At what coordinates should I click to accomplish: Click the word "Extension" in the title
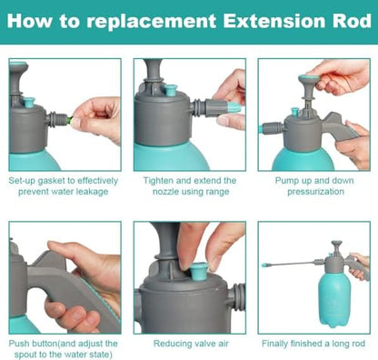274,21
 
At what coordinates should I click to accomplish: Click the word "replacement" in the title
151,22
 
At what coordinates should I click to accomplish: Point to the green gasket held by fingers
70,120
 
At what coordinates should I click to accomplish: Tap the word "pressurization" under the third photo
315,192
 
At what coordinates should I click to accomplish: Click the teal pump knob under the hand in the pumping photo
309,79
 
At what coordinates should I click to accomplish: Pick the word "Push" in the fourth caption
19,344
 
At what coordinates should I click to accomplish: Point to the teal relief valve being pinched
199,270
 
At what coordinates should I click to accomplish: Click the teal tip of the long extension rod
266,265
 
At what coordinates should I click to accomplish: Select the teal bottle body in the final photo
334,300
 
